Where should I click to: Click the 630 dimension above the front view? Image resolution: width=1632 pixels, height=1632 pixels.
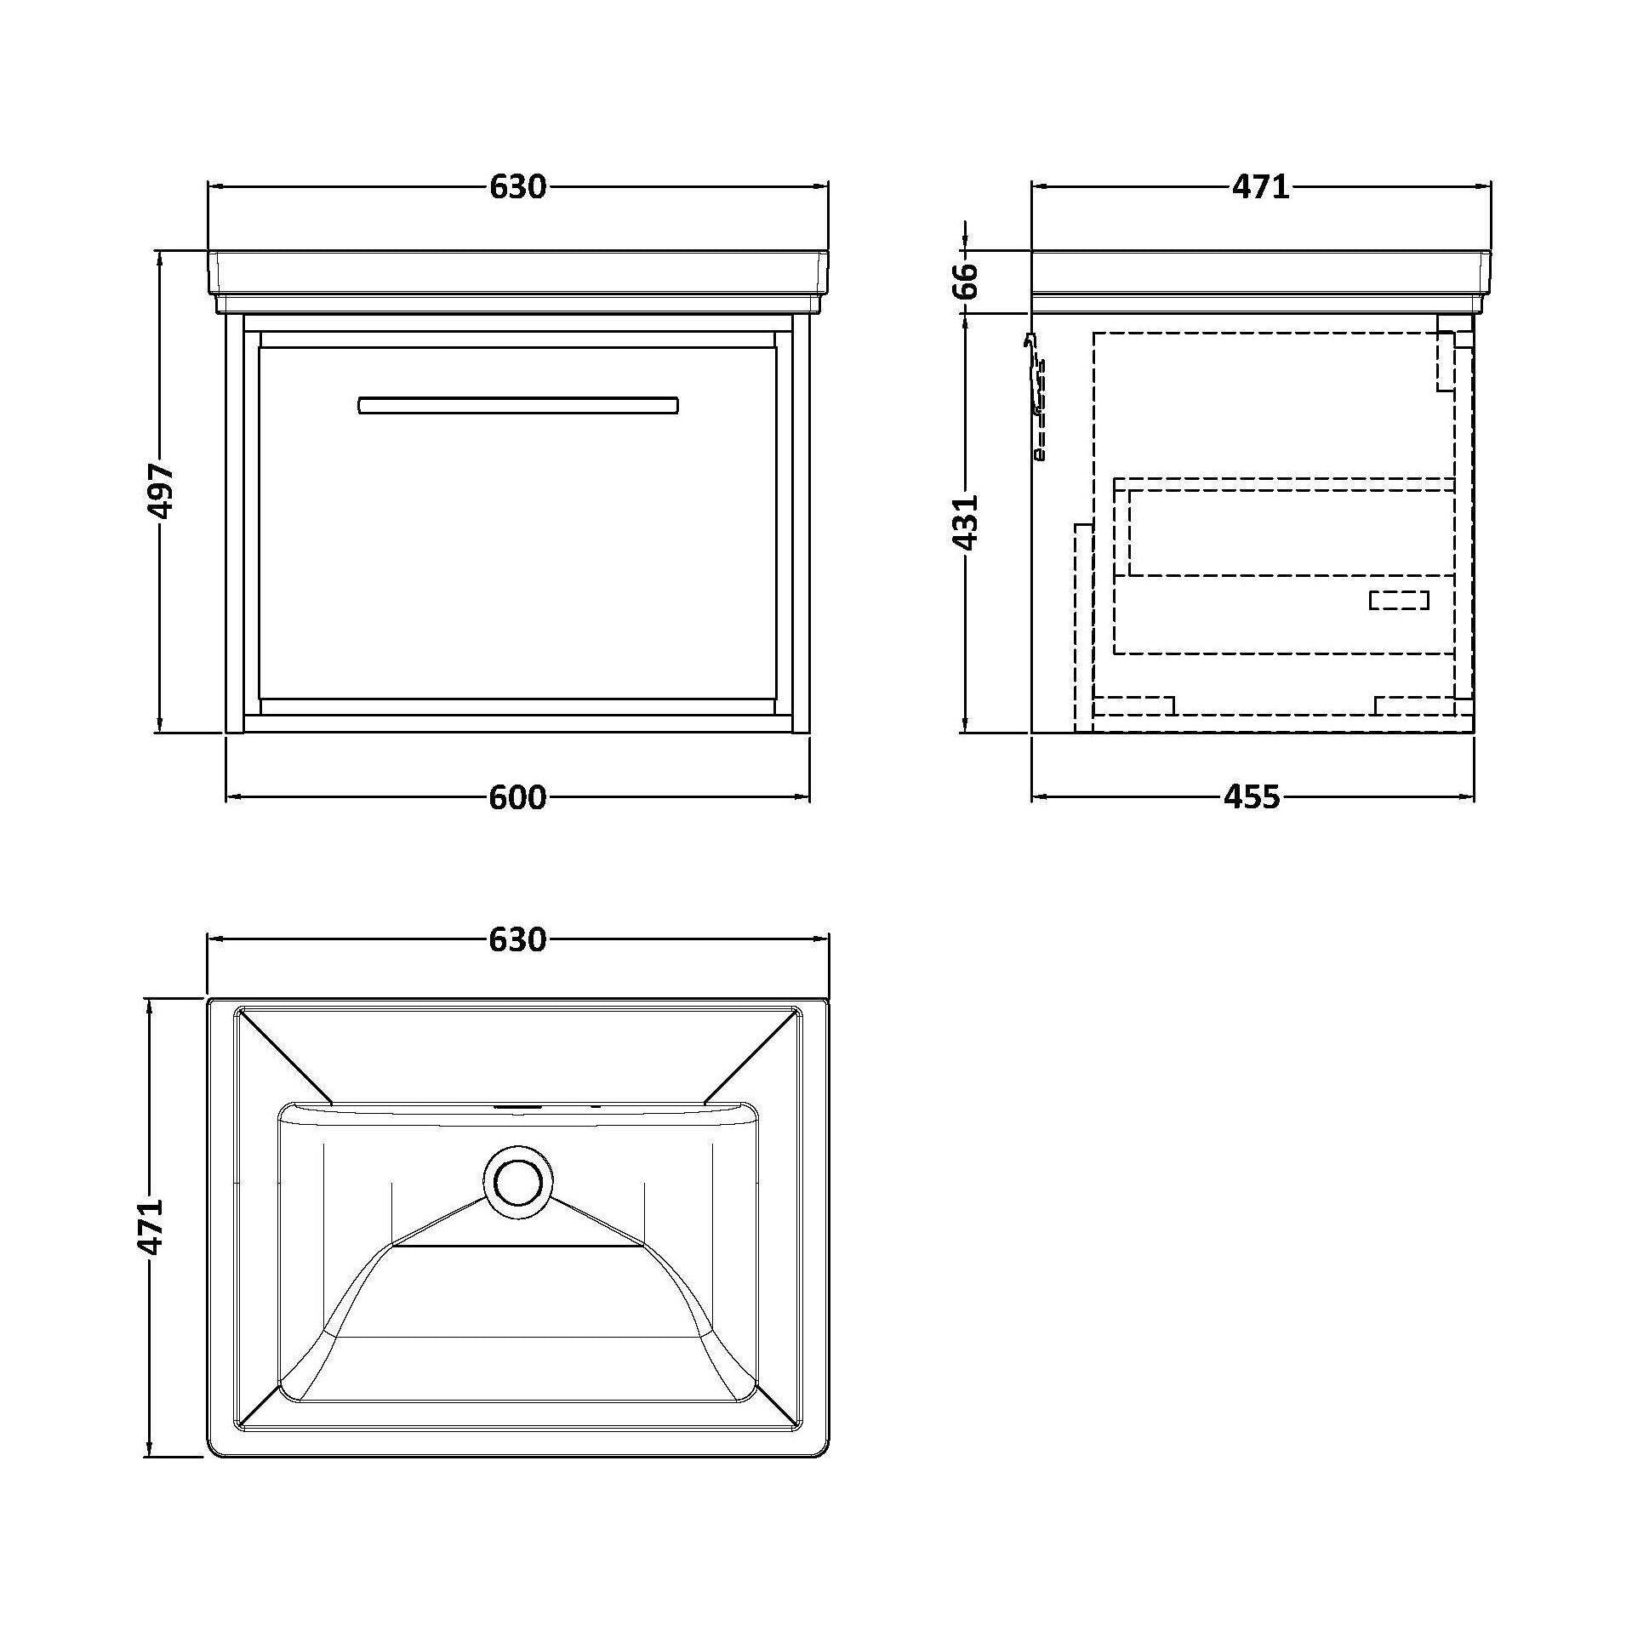click(x=517, y=187)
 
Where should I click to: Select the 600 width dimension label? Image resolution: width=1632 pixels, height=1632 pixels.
click(x=517, y=797)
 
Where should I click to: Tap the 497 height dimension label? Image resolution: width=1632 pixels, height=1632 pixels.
click(x=160, y=491)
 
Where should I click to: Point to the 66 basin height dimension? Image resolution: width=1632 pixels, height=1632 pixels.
click(x=966, y=282)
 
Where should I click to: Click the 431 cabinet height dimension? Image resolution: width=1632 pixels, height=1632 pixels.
click(x=966, y=522)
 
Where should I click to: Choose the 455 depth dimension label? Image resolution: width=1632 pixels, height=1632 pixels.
click(x=1252, y=797)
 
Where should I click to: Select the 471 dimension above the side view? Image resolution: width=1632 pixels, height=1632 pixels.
click(x=1260, y=187)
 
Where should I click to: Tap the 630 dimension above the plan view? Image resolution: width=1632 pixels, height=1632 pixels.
click(x=517, y=939)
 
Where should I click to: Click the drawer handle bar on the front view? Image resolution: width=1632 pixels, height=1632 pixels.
click(x=518, y=405)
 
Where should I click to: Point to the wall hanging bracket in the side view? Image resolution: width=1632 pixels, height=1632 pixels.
click(x=1037, y=397)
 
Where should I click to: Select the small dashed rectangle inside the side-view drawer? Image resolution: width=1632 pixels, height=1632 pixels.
click(x=1399, y=601)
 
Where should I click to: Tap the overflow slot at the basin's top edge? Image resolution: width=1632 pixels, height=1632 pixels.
click(x=517, y=1107)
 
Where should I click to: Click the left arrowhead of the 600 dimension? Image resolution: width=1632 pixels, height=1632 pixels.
click(x=231, y=797)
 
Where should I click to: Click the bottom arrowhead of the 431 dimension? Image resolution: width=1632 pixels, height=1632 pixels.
click(x=966, y=725)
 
